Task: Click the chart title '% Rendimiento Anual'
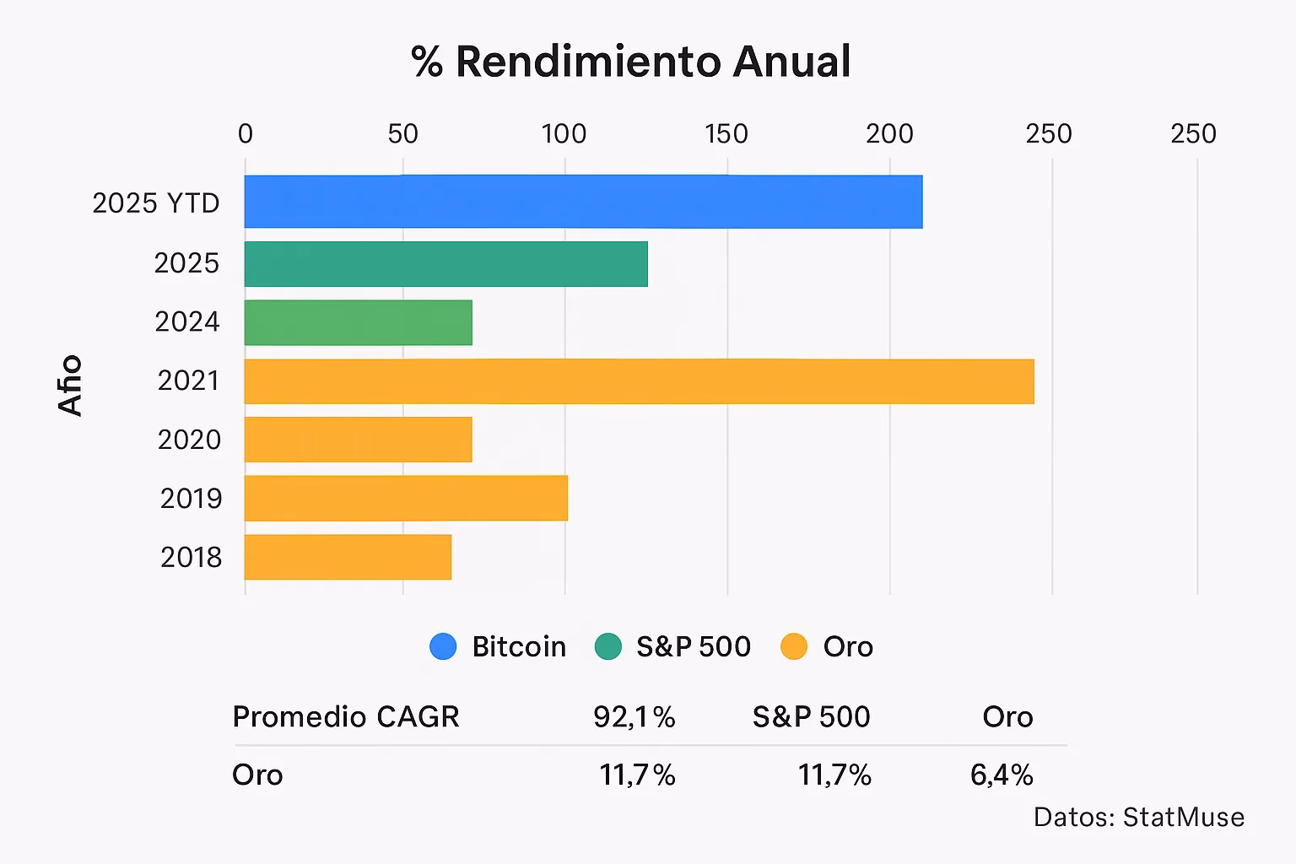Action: tap(631, 62)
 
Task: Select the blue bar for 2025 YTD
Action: tap(583, 202)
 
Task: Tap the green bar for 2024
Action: tap(358, 322)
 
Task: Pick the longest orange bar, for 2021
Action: tap(639, 381)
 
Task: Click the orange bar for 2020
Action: tap(358, 440)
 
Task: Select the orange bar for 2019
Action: tap(406, 498)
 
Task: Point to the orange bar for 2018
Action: tap(348, 557)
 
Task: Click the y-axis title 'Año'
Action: tap(71, 385)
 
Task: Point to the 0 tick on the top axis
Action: tap(245, 134)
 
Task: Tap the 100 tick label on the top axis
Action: tap(564, 134)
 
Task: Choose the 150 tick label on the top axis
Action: tap(726, 134)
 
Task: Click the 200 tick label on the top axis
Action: tap(889, 134)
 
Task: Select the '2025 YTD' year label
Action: tap(156, 203)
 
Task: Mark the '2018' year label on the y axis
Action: tap(191, 558)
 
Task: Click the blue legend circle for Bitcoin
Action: tap(443, 646)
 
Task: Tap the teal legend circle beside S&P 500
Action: tap(607, 646)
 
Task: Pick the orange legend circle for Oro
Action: tap(794, 646)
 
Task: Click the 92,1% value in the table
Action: tap(634, 717)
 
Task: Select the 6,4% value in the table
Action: tap(1002, 775)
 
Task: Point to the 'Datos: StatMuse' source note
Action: tap(1138, 817)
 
